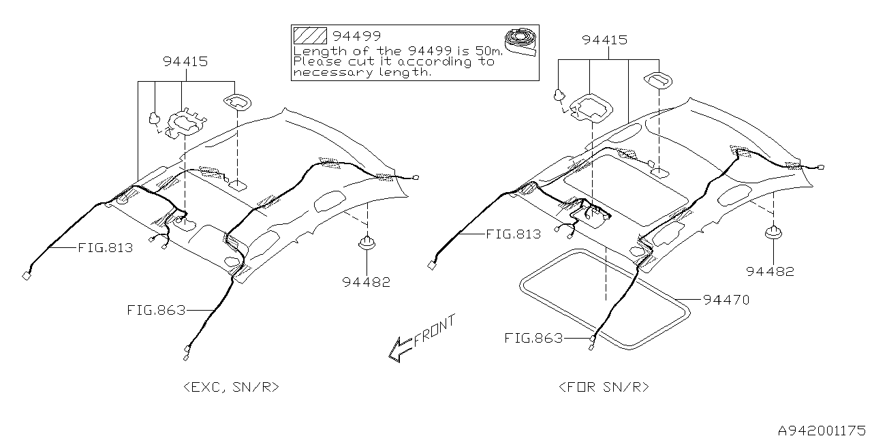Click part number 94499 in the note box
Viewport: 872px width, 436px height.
(358, 36)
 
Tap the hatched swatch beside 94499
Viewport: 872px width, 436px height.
(309, 36)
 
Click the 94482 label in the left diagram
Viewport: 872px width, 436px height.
(368, 281)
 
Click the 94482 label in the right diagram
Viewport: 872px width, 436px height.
(770, 271)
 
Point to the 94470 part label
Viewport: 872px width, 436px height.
(726, 299)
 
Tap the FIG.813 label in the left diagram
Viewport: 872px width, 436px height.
(106, 248)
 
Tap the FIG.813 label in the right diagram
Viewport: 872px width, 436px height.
(514, 234)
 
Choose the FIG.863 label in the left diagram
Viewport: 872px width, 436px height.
(156, 310)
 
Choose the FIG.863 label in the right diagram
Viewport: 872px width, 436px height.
(533, 338)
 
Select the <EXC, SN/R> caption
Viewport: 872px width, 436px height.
(232, 387)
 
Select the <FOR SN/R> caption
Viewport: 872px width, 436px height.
(604, 387)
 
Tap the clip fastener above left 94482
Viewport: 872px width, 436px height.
(368, 243)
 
